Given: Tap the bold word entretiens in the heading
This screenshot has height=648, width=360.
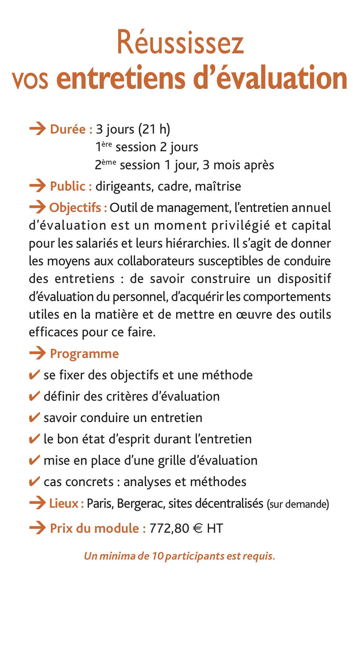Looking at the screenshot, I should (x=120, y=78).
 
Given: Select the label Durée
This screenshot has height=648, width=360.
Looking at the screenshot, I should (x=68, y=129).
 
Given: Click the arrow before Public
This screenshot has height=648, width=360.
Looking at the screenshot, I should (x=37, y=186).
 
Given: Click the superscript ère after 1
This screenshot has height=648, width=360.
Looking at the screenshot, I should (x=107, y=144).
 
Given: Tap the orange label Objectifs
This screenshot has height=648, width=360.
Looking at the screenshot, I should (x=75, y=208).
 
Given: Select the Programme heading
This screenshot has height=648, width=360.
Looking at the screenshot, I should (x=84, y=354).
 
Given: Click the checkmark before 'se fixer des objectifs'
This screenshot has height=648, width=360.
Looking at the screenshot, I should (x=34, y=375).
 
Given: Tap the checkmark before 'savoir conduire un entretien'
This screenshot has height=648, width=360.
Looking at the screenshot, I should (x=34, y=417).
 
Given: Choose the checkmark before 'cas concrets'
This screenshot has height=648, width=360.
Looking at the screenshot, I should (x=34, y=482).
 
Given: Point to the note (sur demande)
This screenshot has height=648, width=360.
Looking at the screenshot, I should (x=298, y=504).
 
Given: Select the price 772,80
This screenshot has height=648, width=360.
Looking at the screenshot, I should (x=169, y=528).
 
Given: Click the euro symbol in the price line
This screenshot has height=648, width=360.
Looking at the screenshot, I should (x=198, y=528).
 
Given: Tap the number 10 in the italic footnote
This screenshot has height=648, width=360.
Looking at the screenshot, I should (x=158, y=556).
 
